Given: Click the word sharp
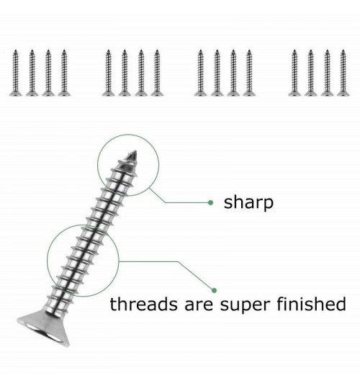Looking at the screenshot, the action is pyautogui.click(x=248, y=203).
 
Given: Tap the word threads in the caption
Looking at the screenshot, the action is pyautogui.click(x=143, y=304).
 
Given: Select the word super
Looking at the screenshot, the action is pyautogui.click(x=245, y=306).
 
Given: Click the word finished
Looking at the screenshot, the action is pyautogui.click(x=311, y=304).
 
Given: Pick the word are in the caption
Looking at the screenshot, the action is pyautogui.click(x=199, y=305).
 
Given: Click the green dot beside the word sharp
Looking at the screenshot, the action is pyautogui.click(x=210, y=203).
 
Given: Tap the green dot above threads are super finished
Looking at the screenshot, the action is pyautogui.click(x=215, y=290).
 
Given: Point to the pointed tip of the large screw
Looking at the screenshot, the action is pyautogui.click(x=135, y=151).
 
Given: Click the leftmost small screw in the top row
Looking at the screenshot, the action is pyautogui.click(x=15, y=73).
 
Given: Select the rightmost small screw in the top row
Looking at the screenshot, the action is pyautogui.click(x=343, y=73).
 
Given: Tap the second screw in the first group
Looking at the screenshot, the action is pyautogui.click(x=32, y=73).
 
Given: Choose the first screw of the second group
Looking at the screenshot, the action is pyautogui.click(x=108, y=73).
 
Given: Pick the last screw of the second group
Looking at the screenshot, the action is pyautogui.click(x=157, y=73).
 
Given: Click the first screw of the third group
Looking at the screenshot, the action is pyautogui.click(x=200, y=73).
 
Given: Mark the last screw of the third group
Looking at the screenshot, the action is pyautogui.click(x=249, y=73).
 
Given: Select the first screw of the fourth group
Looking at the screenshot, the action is pyautogui.click(x=294, y=73).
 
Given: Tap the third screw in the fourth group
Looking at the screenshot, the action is pyautogui.click(x=327, y=73).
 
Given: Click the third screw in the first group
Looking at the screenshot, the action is pyautogui.click(x=48, y=73).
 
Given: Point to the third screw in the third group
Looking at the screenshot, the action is pyautogui.click(x=233, y=73).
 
